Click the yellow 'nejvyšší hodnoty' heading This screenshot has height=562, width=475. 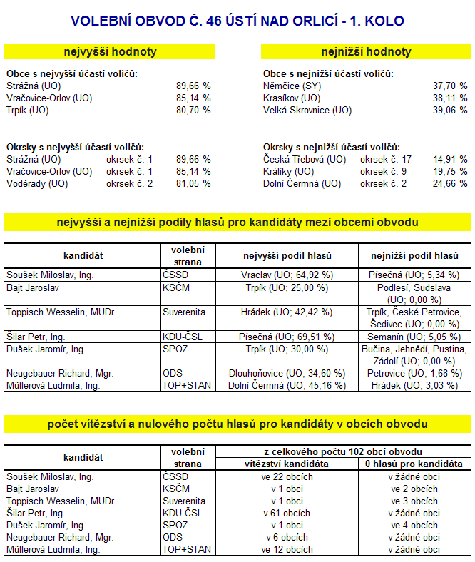point(110,52)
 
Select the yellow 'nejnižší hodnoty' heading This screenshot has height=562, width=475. point(366,52)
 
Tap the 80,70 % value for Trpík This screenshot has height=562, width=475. point(193,111)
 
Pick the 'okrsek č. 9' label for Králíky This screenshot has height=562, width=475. point(384,171)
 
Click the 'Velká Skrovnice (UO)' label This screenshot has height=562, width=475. point(307,111)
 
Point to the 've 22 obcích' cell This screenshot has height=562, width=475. point(287,476)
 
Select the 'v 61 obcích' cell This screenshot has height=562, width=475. point(287,513)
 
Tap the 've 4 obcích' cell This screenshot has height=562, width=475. point(414,525)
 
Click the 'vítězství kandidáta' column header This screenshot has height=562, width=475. point(287,464)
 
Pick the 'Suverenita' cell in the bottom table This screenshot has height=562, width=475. point(184,501)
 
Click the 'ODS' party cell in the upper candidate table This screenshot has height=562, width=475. point(172,373)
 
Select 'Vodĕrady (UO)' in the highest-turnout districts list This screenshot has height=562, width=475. point(37,183)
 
